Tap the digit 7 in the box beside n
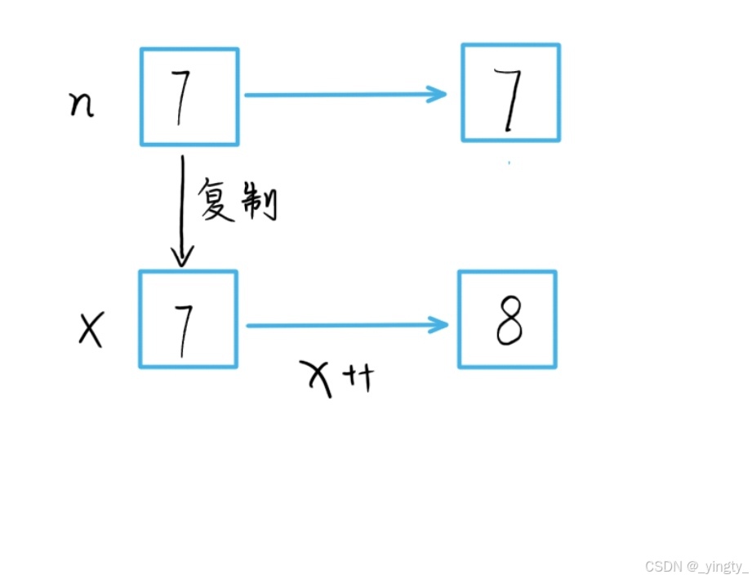click(x=181, y=97)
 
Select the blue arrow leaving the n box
click(x=343, y=94)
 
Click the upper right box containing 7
click(x=511, y=93)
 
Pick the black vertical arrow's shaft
click(x=182, y=204)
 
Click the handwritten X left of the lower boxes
click(x=91, y=330)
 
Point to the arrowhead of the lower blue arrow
click(x=443, y=326)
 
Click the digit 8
click(x=509, y=323)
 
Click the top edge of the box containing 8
click(x=507, y=273)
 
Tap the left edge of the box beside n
click(x=141, y=96)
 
